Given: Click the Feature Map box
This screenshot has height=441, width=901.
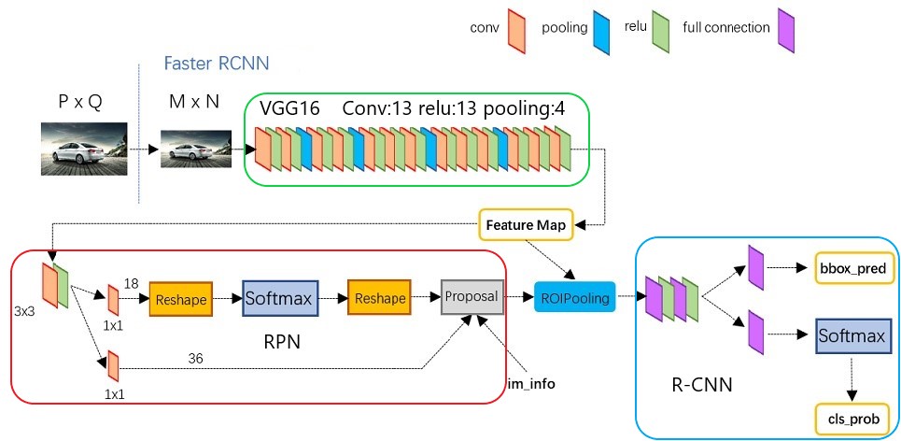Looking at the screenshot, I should click(527, 225).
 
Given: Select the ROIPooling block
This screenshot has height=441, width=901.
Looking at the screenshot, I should click(575, 299).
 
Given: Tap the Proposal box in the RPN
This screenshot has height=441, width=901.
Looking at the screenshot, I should click(472, 296).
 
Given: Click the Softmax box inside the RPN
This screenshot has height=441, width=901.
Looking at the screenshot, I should click(279, 298).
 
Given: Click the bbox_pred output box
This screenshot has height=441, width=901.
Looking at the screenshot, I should click(854, 268).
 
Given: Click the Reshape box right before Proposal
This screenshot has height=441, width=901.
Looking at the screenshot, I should click(378, 298).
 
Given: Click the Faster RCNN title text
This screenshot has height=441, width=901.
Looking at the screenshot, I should click(217, 64).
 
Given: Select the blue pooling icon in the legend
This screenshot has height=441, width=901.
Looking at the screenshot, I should click(604, 27).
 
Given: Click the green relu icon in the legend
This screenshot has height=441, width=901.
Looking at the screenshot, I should click(660, 27).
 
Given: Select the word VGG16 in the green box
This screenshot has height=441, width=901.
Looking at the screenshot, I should click(291, 108).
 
